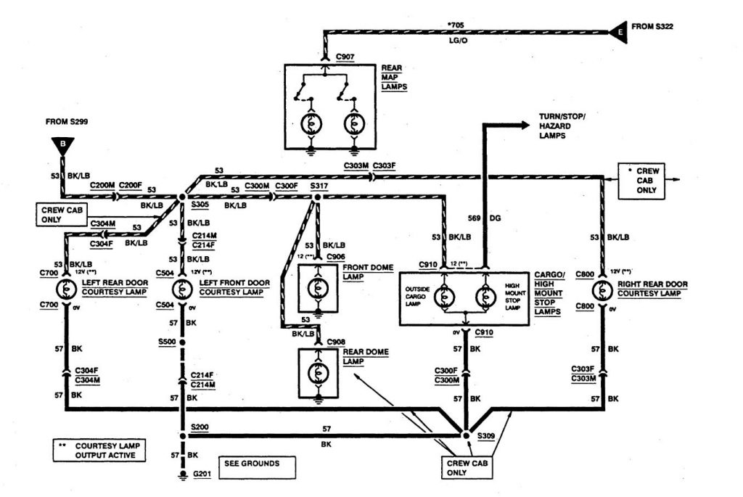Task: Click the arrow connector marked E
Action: point(618,31)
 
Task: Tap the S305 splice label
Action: point(201,205)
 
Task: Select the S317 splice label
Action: point(319,186)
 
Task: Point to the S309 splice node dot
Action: point(464,435)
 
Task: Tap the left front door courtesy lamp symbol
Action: point(181,289)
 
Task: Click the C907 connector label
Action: point(345,56)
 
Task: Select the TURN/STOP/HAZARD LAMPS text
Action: point(562,126)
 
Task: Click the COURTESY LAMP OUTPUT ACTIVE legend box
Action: point(99,451)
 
